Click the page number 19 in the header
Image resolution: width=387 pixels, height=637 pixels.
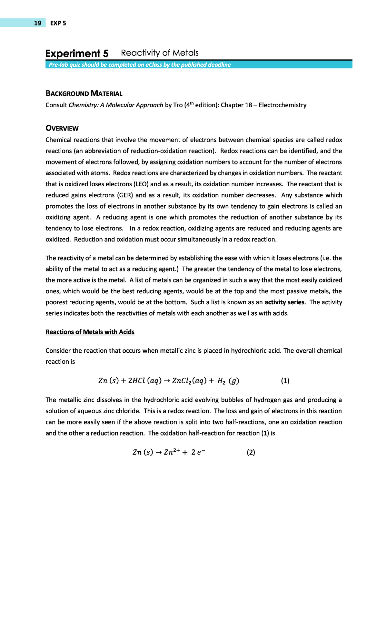click(x=37, y=23)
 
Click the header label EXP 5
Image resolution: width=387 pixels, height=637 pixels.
click(x=58, y=23)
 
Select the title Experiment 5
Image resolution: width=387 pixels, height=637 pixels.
click(x=77, y=53)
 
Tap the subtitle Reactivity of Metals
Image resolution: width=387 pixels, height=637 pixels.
click(x=160, y=53)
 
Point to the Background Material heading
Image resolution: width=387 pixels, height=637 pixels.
click(x=84, y=94)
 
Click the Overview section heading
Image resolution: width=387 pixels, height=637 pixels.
click(x=62, y=128)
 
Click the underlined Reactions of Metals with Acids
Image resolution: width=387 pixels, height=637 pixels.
click(x=90, y=332)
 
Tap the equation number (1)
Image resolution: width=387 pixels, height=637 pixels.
click(x=285, y=381)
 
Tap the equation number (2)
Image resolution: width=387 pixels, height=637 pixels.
click(x=251, y=452)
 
